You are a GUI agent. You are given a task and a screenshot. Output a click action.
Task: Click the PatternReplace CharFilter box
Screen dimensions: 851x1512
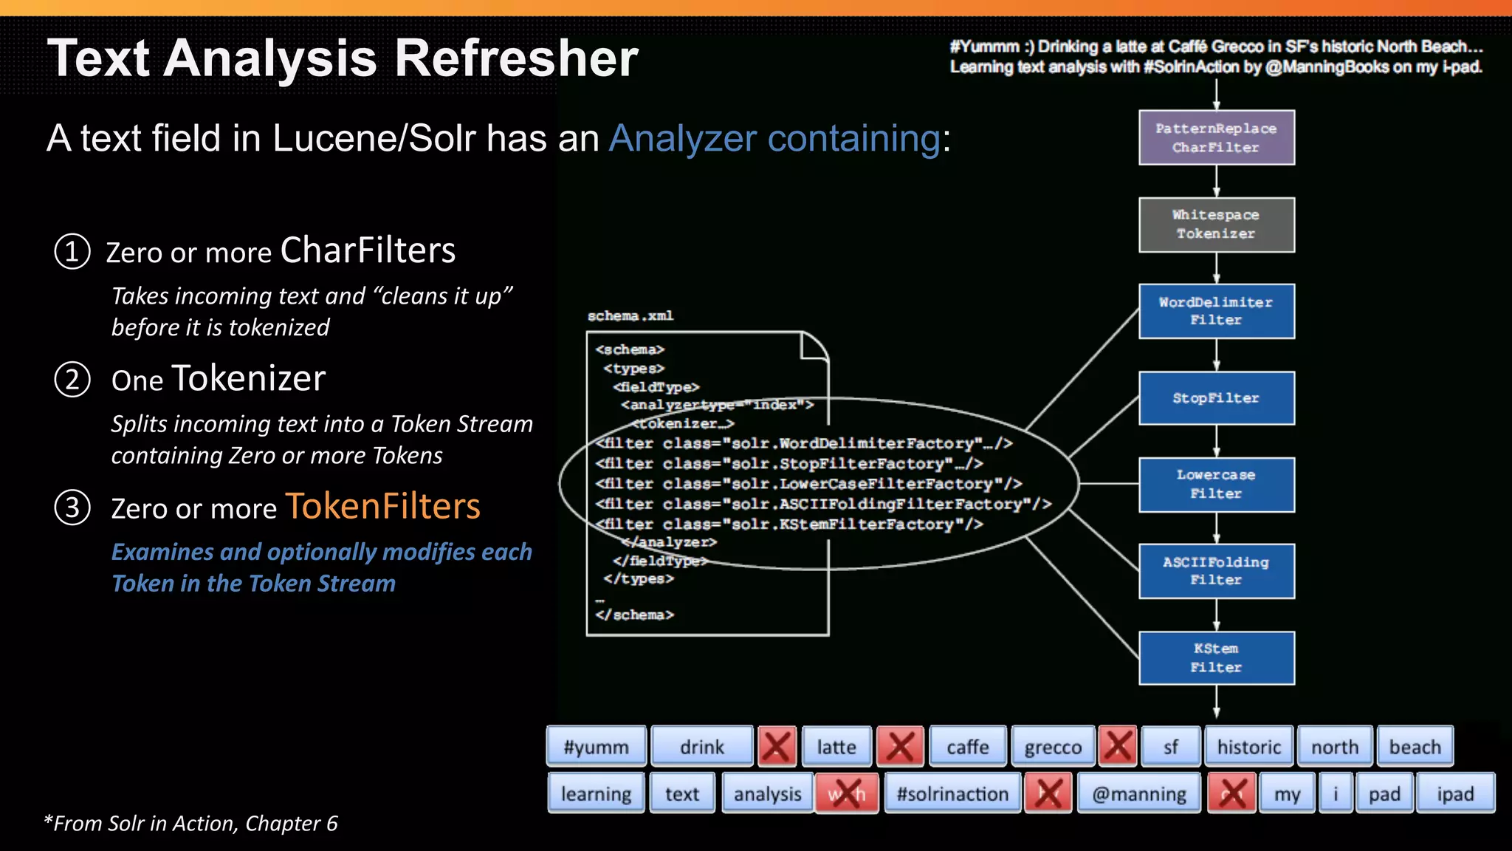click(x=1216, y=137)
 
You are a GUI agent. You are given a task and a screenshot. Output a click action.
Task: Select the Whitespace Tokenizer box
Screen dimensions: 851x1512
click(x=1216, y=225)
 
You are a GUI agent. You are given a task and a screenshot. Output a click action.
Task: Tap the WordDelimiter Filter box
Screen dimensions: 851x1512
click(x=1216, y=311)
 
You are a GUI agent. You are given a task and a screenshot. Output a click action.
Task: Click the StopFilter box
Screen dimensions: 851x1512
click(x=1216, y=398)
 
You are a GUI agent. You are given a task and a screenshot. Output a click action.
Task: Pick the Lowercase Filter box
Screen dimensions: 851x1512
click(x=1216, y=485)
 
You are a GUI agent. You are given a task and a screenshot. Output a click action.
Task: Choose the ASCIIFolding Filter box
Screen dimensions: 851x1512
click(x=1216, y=571)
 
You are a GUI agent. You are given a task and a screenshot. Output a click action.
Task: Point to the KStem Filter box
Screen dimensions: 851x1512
click(x=1216, y=657)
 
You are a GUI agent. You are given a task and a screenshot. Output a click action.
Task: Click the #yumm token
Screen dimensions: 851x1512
click(x=596, y=747)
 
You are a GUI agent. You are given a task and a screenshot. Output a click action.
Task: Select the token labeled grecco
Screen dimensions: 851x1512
click(x=1053, y=747)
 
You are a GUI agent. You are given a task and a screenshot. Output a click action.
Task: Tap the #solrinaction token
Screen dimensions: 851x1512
click(x=952, y=793)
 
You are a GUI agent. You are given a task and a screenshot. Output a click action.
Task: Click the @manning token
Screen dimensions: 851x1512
click(x=1138, y=793)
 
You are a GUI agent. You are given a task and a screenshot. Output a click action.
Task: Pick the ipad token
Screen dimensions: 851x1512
click(x=1455, y=793)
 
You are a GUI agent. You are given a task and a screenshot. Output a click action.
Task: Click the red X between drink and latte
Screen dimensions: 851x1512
click(x=777, y=746)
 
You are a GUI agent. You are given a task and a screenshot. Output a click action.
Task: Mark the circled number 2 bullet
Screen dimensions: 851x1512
click(x=72, y=380)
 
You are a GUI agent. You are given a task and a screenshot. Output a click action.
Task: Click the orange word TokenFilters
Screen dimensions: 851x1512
click(x=382, y=507)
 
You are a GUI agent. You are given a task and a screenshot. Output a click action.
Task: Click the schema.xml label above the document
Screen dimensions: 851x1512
click(x=630, y=316)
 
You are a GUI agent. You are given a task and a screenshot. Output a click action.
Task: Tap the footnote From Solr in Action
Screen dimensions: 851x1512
click(x=190, y=823)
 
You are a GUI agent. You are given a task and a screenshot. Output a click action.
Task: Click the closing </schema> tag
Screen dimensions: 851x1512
click(x=635, y=615)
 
